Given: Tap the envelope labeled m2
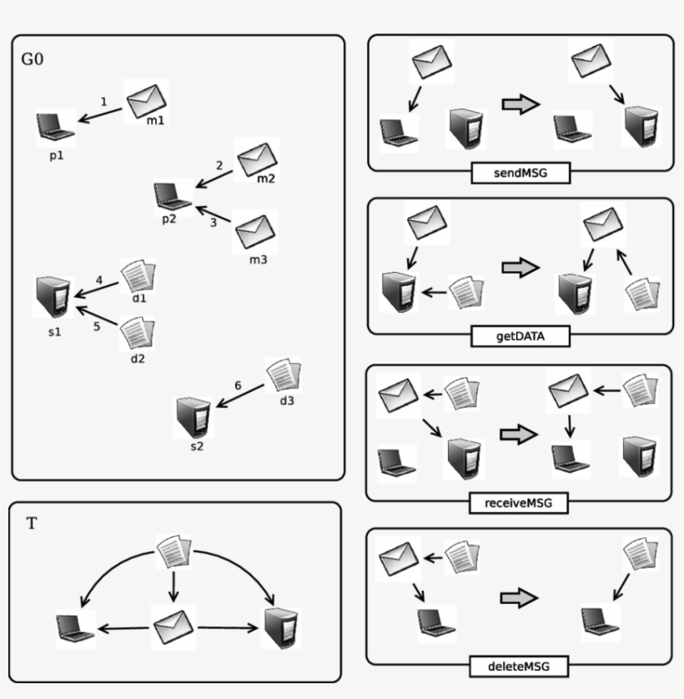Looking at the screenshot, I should pos(256,160).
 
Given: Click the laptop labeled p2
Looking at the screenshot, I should pos(173,196).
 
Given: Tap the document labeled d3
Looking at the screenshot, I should pos(283,378).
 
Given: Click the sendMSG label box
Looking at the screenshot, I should pos(520,173).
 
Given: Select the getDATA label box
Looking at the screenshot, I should pos(520,336).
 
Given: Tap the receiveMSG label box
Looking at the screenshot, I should pos(520,503).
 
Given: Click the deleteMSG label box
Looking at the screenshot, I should pos(519,666).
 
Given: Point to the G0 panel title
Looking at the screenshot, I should pos(33,60).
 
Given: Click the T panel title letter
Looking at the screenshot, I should pos(32,524).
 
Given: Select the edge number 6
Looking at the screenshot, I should pos(238,386).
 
